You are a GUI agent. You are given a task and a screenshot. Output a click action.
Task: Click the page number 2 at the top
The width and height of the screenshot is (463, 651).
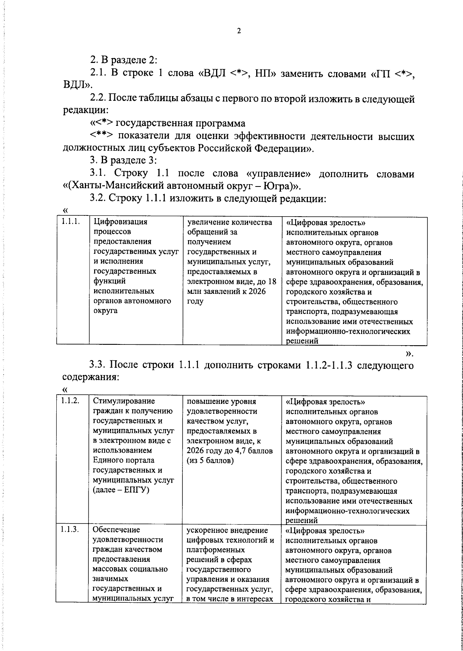[x=238, y=31]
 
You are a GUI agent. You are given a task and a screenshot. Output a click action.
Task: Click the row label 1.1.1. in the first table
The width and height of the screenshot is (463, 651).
[x=71, y=222]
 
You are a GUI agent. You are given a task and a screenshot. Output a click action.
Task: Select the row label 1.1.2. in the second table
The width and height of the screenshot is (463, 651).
[x=70, y=401]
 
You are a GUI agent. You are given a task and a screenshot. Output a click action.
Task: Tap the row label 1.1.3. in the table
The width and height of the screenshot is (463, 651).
[x=70, y=530]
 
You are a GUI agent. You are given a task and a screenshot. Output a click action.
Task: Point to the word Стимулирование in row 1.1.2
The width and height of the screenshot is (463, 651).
[x=124, y=401]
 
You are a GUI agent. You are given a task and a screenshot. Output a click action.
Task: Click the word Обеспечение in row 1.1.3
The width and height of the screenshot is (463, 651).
[x=117, y=530]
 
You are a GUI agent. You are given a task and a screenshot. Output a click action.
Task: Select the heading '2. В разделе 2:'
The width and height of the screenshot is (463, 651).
[x=123, y=60]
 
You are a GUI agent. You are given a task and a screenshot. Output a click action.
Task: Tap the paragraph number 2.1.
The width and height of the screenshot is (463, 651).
[x=98, y=73]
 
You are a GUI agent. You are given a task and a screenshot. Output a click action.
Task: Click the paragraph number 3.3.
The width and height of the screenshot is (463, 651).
[x=98, y=365]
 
